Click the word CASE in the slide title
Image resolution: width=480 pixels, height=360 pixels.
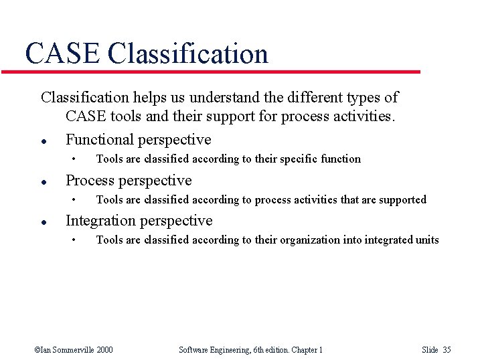click(x=62, y=54)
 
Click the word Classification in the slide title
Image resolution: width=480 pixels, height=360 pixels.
click(x=187, y=54)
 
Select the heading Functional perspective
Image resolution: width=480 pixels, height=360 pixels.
click(x=138, y=140)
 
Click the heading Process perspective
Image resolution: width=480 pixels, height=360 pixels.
click(x=129, y=181)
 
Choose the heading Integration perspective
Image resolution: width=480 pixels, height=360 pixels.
click(x=139, y=221)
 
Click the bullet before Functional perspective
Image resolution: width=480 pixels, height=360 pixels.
click(x=43, y=141)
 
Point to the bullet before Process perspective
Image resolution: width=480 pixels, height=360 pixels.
click(x=43, y=182)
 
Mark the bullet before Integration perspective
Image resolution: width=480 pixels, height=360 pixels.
click(x=43, y=222)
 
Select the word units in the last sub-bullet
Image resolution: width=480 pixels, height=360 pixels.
click(x=426, y=240)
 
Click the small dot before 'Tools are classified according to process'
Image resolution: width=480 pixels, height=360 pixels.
click(x=75, y=200)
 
